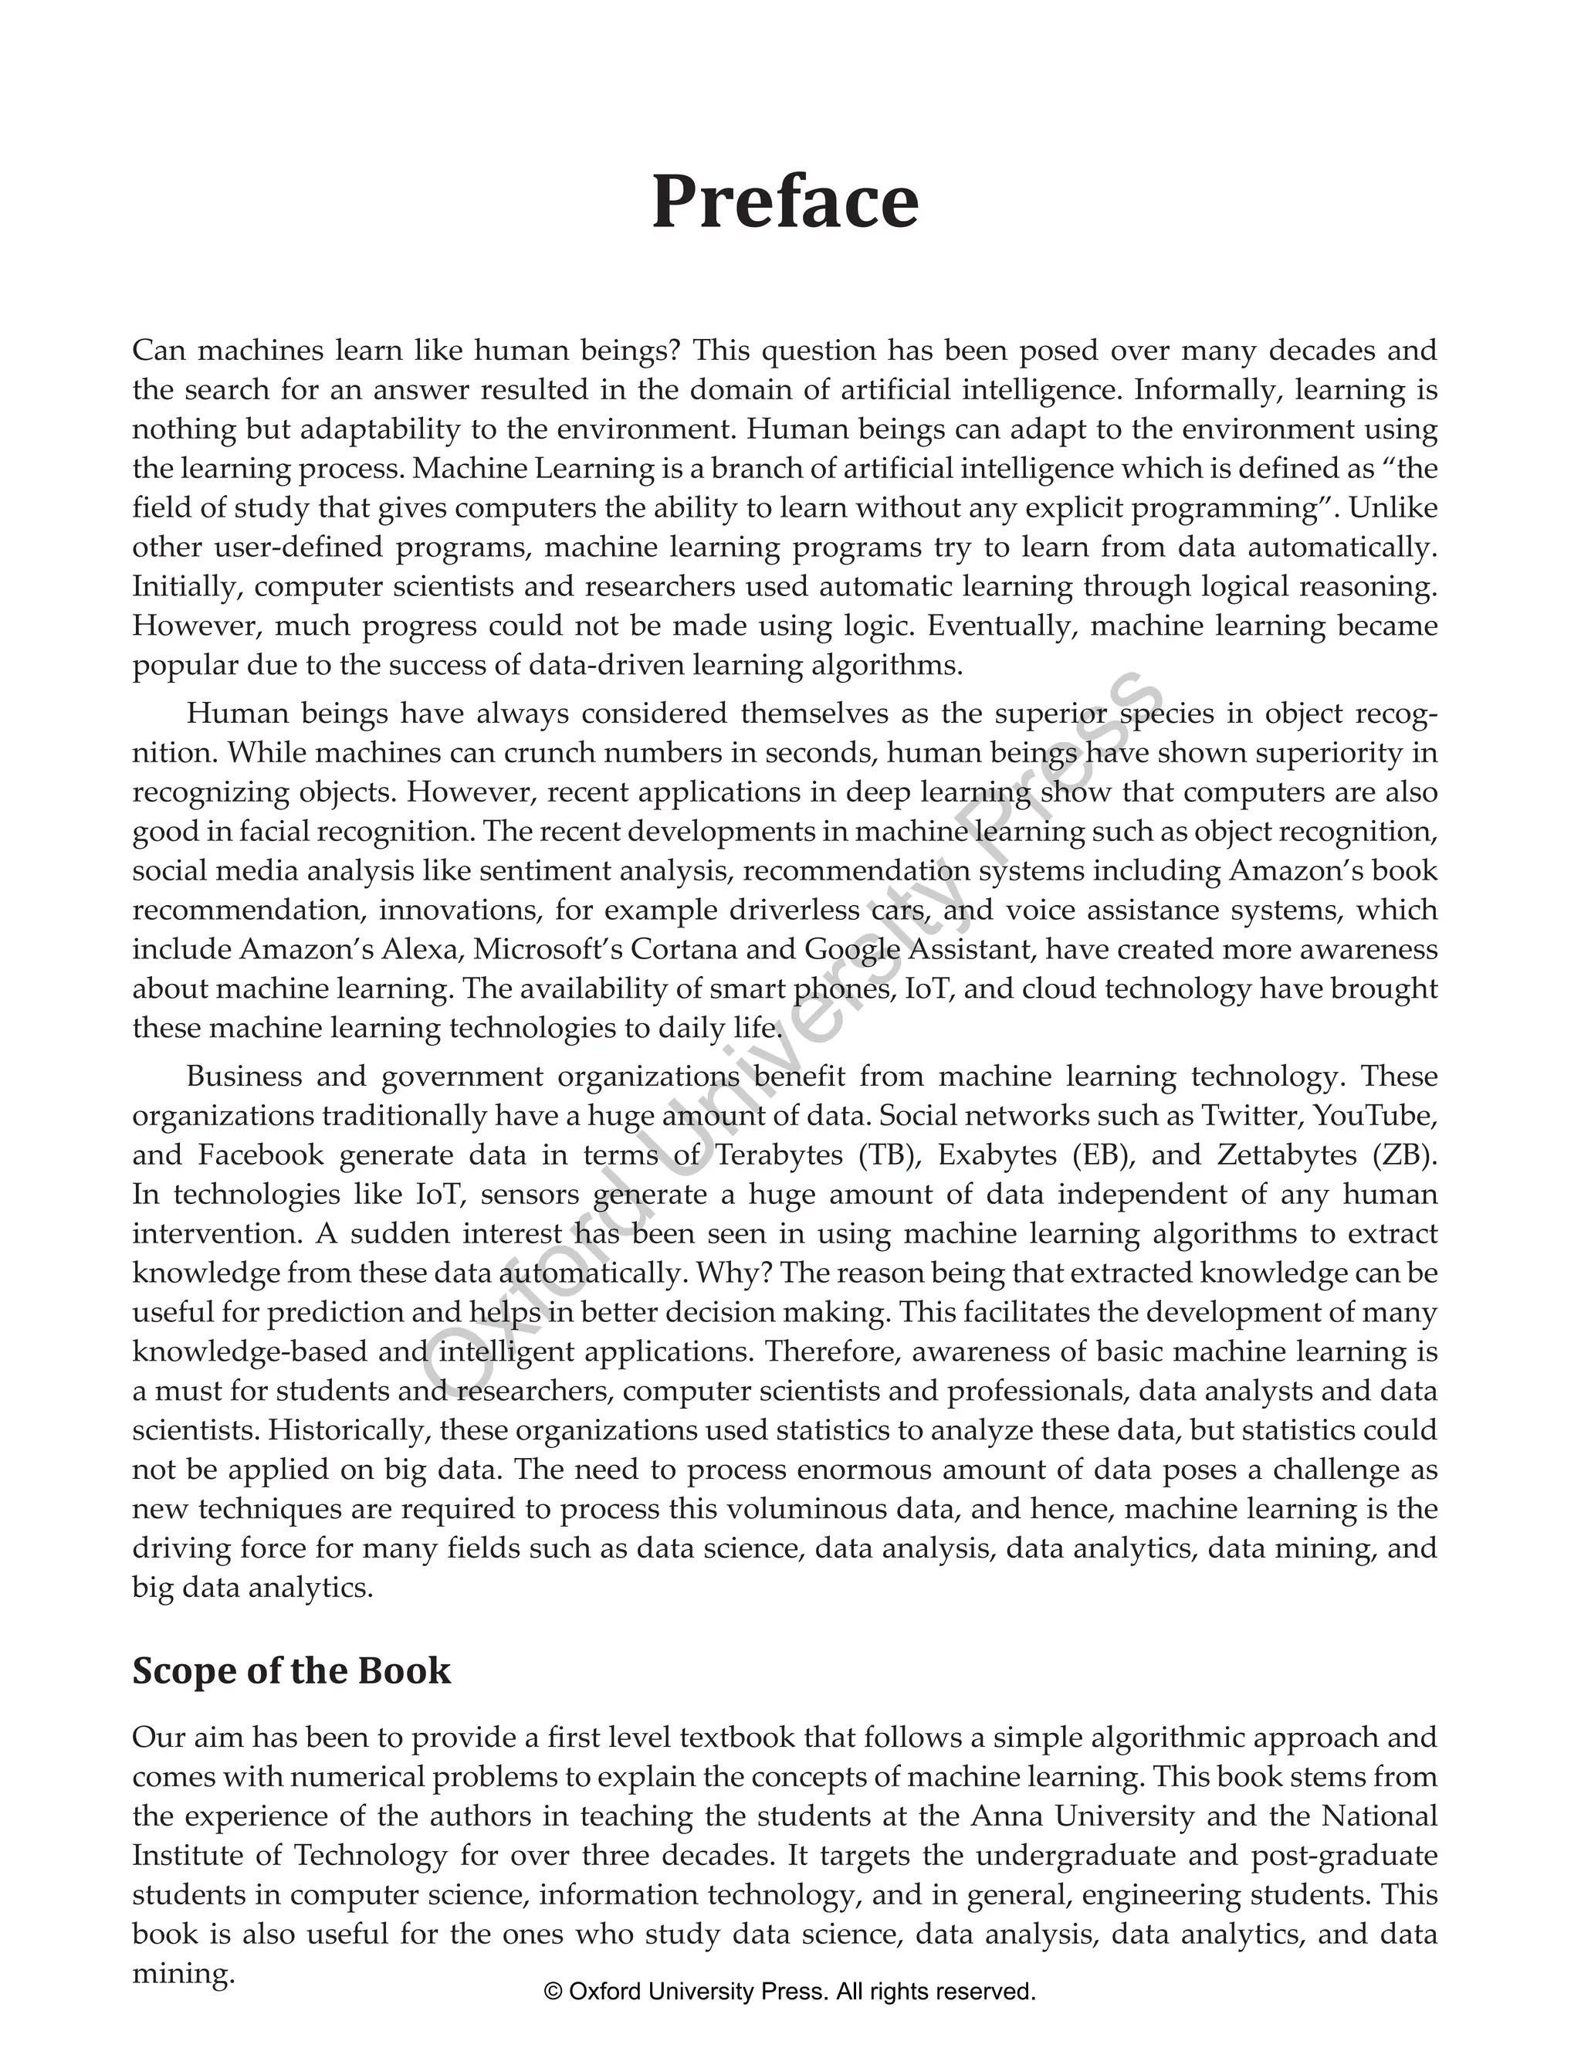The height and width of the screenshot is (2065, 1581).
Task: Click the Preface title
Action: pos(785,202)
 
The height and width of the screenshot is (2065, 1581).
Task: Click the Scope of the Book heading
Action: pos(291,1670)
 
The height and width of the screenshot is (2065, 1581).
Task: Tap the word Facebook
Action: pos(261,1155)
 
